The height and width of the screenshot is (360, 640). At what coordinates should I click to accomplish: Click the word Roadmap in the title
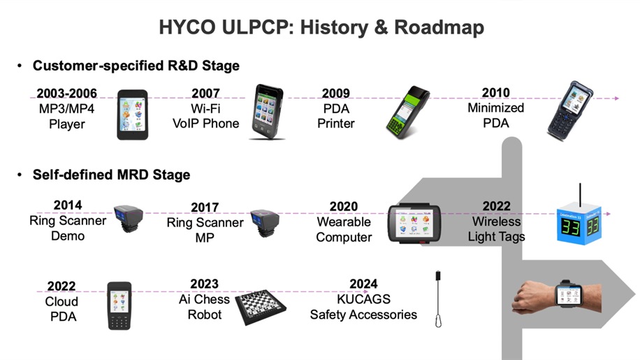tap(439, 27)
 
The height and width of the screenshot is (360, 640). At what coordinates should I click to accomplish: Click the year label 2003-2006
tap(67, 94)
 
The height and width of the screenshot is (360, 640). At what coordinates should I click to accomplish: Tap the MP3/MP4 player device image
tap(133, 115)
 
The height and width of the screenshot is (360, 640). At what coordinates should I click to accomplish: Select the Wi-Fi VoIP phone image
tap(267, 112)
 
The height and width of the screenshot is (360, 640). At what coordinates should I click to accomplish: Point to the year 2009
tap(336, 94)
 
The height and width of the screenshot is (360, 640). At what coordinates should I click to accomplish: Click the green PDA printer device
tap(407, 113)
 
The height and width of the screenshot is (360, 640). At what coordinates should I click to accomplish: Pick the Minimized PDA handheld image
tap(570, 110)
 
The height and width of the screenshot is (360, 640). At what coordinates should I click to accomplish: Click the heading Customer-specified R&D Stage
tap(136, 66)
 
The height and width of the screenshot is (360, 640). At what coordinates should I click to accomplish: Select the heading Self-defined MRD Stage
tap(111, 175)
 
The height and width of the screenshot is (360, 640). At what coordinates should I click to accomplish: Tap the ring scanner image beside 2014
tap(129, 218)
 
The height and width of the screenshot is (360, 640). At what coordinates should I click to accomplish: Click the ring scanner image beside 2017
tap(265, 223)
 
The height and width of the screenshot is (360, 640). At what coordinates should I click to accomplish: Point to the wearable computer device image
tap(414, 223)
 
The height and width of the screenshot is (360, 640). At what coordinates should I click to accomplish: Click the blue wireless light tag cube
tap(579, 226)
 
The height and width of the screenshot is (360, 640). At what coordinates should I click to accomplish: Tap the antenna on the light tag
tap(580, 195)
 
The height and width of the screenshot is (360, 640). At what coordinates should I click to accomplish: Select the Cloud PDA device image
tap(119, 305)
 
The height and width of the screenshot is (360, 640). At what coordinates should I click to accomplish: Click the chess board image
tap(261, 307)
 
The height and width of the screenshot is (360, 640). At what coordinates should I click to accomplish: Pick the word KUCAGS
tap(364, 299)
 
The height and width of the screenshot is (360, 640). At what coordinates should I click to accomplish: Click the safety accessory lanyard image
tap(438, 299)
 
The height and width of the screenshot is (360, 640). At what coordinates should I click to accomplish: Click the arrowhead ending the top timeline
tap(617, 99)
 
